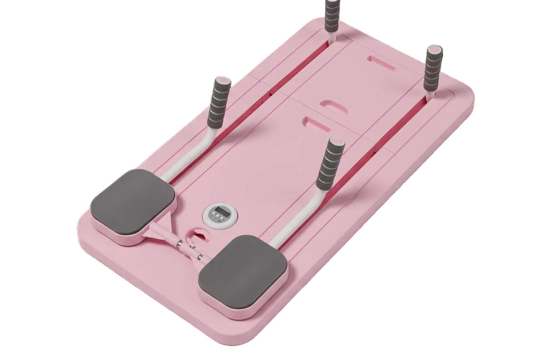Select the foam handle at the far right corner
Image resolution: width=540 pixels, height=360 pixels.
433,67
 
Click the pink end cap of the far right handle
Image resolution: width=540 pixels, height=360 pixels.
435,48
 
